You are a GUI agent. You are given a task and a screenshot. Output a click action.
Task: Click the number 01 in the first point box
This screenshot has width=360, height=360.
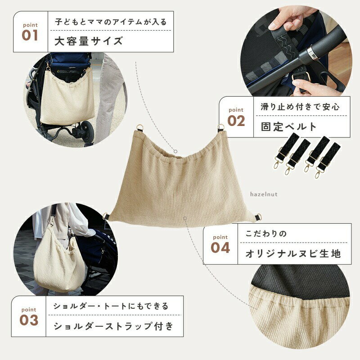pos(30,36)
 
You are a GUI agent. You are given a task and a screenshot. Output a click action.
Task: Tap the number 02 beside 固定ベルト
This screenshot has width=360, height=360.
pos(236,121)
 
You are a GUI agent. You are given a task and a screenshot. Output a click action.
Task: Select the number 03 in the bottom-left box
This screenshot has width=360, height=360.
pos(29,320)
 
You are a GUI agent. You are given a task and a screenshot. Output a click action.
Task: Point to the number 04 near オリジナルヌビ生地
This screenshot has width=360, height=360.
pos(220,248)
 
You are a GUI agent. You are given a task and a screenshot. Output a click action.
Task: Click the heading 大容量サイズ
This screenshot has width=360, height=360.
pos(88,41)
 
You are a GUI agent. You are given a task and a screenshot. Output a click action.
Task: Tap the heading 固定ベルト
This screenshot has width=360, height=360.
pos(288,126)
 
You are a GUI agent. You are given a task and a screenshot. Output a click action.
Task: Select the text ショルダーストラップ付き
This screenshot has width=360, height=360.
pos(113,326)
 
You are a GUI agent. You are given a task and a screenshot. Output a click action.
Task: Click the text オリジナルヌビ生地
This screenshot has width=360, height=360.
pos(293,254)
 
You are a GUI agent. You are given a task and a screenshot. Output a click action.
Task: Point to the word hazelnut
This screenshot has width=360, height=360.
pos(264,194)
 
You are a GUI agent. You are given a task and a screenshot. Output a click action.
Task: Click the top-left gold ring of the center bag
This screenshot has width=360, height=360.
pos(140,127)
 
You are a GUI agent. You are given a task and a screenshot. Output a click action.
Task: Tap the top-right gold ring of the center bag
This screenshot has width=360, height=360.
pos(220,127)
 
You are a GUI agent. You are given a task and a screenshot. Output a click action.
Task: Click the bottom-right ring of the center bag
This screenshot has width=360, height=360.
pos(258,216)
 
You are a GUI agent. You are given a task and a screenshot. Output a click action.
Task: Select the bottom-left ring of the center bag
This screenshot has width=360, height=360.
pos(106,216)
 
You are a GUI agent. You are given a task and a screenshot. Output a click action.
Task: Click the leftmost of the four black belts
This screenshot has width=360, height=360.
pos(285,149)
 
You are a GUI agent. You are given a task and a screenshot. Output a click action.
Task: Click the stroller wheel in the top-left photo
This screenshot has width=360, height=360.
pos(87,131)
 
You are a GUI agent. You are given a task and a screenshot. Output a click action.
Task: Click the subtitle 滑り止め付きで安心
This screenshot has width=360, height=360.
pos(300,107)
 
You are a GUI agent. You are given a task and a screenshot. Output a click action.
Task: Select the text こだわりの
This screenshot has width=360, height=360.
pos(266,234)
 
